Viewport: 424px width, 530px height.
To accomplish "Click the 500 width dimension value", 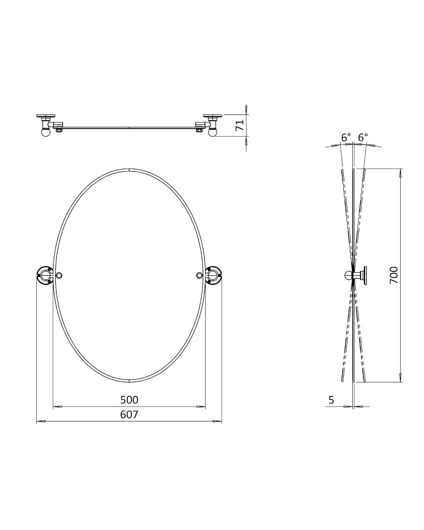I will [x=129, y=399].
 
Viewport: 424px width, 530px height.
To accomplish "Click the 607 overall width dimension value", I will [x=129, y=414].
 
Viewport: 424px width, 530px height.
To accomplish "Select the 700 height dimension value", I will [x=393, y=275].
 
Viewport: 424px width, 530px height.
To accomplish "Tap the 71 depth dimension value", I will [x=240, y=125].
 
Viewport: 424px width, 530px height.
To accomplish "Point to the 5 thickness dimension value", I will [x=331, y=399].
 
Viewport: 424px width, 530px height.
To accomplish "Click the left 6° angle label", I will [x=346, y=137].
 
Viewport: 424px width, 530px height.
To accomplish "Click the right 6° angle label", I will [x=363, y=137].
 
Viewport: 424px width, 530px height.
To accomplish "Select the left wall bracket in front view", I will [x=45, y=276].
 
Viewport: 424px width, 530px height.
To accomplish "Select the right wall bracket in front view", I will [x=213, y=276].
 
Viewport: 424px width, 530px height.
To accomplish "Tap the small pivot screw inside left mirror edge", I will [x=60, y=276].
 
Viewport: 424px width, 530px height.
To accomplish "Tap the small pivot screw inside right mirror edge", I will [x=199, y=276].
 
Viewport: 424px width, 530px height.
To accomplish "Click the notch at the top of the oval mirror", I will [x=129, y=170].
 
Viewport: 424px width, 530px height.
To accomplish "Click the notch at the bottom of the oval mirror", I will [x=129, y=379].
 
